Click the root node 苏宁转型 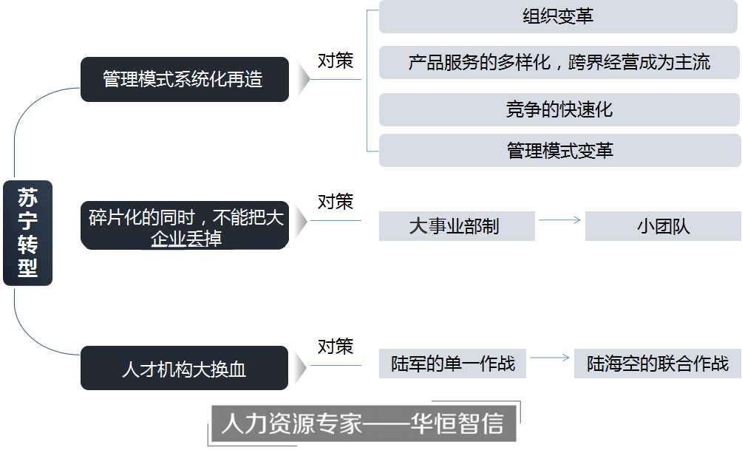click(x=27, y=232)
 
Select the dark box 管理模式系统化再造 click(x=184, y=79)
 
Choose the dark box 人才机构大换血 click(x=184, y=368)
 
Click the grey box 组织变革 click(x=559, y=16)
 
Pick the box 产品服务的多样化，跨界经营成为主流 click(x=559, y=62)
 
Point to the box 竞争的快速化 click(x=559, y=109)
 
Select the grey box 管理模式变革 click(x=559, y=151)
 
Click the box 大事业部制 click(x=456, y=225)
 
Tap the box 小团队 click(x=662, y=225)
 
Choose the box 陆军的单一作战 click(x=452, y=364)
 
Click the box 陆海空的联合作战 click(x=657, y=364)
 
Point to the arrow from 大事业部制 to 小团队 click(x=559, y=219)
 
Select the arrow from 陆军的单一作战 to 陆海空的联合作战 click(x=550, y=358)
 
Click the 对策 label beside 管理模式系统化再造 click(x=336, y=61)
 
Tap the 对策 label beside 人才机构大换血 click(x=336, y=346)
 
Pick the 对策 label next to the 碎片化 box click(x=336, y=201)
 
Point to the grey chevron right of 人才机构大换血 click(x=302, y=367)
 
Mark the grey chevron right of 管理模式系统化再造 click(x=302, y=78)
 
